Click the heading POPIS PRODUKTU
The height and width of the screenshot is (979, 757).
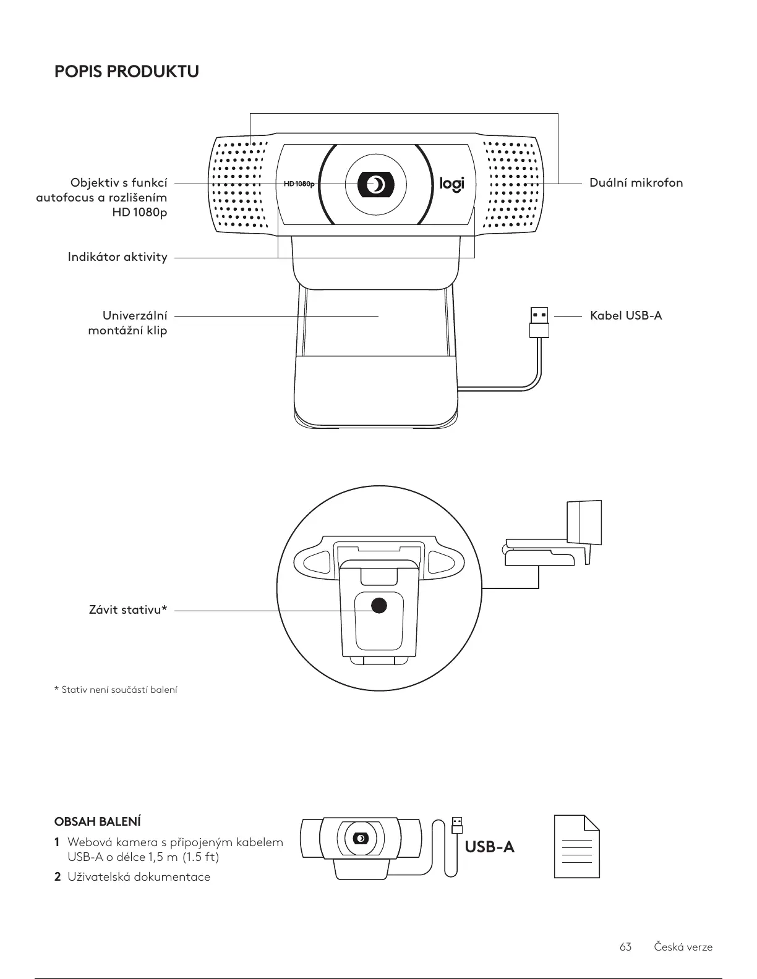[x=127, y=72]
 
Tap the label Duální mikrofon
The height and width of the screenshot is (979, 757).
[x=636, y=183]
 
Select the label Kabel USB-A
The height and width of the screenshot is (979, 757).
[x=625, y=316]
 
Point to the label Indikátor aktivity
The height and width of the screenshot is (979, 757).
[x=118, y=257]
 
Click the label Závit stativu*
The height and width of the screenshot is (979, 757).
[x=128, y=611]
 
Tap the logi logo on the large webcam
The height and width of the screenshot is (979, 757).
[x=451, y=184]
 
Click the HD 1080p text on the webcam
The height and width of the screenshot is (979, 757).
[x=299, y=184]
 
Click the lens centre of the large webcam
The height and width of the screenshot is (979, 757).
[x=375, y=184]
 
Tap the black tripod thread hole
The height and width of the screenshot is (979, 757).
[x=378, y=605]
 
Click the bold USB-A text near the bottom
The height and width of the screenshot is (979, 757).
[x=489, y=847]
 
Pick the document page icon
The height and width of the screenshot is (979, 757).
[x=576, y=846]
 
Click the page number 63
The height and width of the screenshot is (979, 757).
[x=625, y=947]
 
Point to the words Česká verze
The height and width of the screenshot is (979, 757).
[x=683, y=947]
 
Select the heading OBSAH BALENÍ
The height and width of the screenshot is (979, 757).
[x=98, y=822]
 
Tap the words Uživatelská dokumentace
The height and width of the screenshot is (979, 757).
[x=139, y=877]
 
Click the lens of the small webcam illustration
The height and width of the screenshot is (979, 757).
[x=360, y=839]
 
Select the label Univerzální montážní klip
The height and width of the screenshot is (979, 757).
[x=128, y=323]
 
